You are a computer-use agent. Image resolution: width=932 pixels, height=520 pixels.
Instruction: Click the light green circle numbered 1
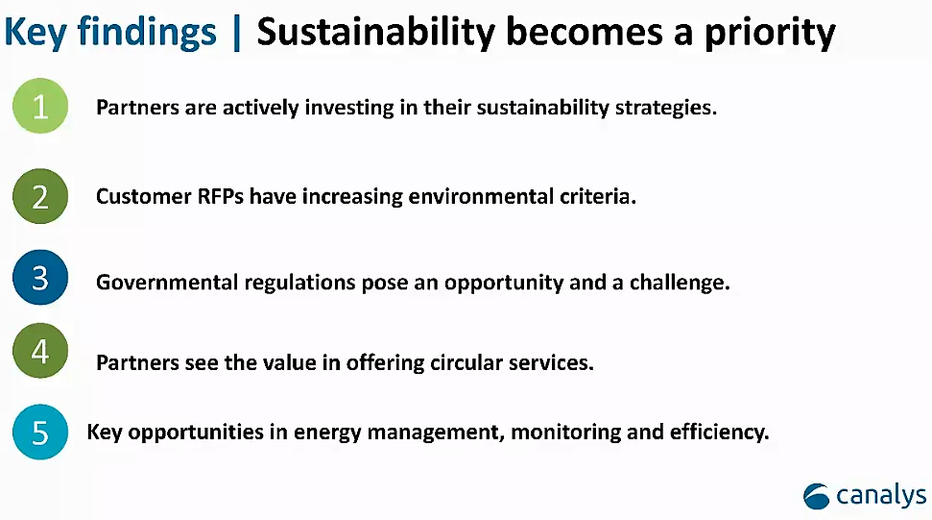[x=40, y=106]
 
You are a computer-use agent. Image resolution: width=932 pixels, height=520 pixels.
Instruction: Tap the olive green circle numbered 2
[x=40, y=196]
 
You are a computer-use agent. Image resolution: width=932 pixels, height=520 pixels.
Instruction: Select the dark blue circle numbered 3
[x=40, y=277]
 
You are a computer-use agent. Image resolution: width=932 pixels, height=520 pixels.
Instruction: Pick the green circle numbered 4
[x=40, y=351]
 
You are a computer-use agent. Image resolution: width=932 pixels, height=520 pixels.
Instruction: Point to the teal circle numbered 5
[x=40, y=432]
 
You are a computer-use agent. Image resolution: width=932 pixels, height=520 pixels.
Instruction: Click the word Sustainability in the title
[x=375, y=32]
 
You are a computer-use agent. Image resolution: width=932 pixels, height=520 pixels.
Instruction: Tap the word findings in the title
[x=147, y=32]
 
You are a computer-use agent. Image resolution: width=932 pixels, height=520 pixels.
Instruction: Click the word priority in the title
[x=771, y=34]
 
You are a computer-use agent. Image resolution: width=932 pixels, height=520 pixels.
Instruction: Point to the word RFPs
[x=220, y=196]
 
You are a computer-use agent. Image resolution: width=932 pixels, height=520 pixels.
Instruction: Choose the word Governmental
[x=167, y=282]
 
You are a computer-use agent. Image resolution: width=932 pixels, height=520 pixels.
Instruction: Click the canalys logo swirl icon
[x=816, y=496]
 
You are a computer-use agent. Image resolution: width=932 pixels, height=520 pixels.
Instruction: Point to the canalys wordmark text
[x=881, y=496]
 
